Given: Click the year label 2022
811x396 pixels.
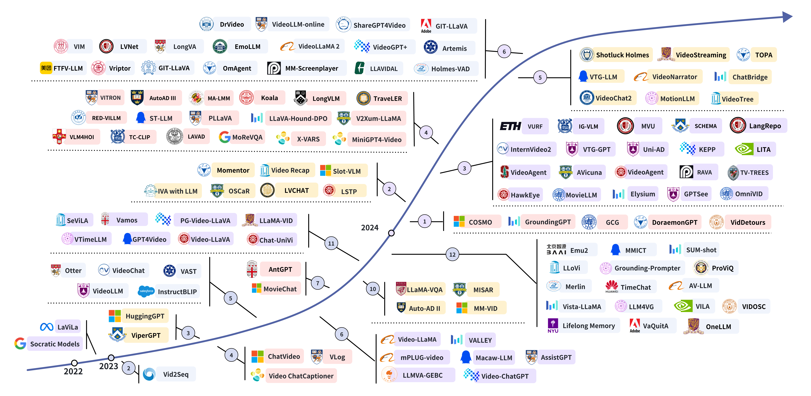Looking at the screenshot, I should tap(73, 371).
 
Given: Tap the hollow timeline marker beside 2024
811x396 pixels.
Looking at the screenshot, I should tap(391, 233).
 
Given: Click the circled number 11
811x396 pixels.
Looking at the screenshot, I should tap(331, 243).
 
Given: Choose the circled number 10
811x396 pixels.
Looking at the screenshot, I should tap(373, 289).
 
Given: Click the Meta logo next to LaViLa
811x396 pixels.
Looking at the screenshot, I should tap(47, 327).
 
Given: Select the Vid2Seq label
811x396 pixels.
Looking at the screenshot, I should tap(176, 374).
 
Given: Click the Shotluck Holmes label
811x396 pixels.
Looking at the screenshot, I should tap(622, 55).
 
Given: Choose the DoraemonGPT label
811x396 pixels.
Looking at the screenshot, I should tap(675, 222).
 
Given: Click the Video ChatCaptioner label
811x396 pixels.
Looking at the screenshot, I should tap(301, 376).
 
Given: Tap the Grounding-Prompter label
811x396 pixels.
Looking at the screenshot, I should tap(647, 268).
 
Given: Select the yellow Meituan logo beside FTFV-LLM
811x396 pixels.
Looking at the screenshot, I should tap(46, 68).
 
